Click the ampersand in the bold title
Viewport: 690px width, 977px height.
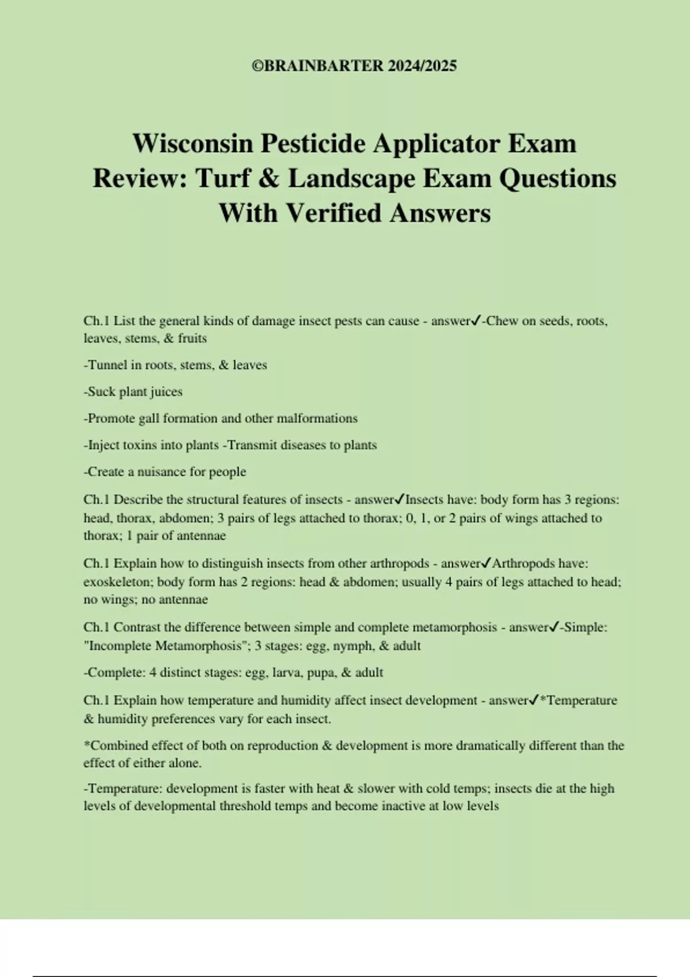coord(268,178)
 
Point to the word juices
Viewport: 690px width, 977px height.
coord(166,392)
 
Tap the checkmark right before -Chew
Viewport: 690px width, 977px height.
coord(475,321)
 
